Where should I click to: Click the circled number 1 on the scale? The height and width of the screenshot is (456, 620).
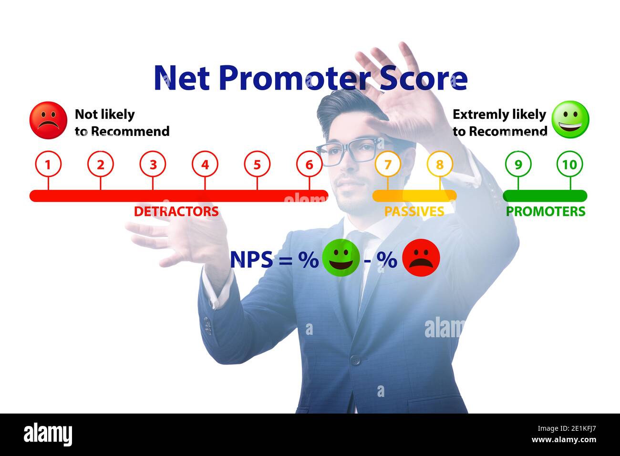click(x=48, y=165)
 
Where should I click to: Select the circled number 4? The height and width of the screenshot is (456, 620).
click(x=205, y=165)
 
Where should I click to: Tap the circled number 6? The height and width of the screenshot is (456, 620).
click(x=309, y=165)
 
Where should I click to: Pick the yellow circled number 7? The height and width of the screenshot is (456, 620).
click(x=388, y=165)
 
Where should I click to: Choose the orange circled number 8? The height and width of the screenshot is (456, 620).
click(x=440, y=165)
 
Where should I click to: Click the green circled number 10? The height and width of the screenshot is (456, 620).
click(x=569, y=165)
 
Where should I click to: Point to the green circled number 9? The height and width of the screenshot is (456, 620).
click(x=518, y=165)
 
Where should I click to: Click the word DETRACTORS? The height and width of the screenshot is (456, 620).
click(x=176, y=211)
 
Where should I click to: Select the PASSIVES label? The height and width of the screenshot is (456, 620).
click(x=414, y=211)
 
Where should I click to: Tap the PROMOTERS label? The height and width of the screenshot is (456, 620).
click(x=545, y=211)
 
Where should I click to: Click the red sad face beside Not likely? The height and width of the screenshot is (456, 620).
click(x=48, y=120)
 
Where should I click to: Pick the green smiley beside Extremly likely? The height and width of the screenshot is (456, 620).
click(x=570, y=119)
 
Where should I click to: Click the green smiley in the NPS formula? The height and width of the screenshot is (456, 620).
click(x=341, y=258)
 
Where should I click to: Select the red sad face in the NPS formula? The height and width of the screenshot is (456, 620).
click(x=421, y=258)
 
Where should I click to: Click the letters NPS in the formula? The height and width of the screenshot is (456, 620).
click(x=251, y=260)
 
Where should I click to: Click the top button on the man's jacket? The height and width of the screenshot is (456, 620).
click(x=355, y=360)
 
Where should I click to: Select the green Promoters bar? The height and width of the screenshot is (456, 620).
click(x=545, y=196)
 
